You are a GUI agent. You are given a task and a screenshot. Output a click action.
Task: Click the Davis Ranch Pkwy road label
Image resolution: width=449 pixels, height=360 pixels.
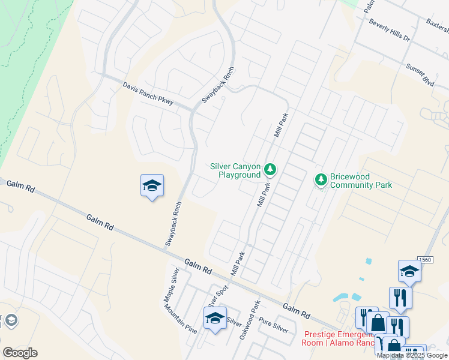pos(148,94)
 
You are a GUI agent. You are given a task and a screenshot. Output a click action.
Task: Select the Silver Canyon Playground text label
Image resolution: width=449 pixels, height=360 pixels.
pos(235,170)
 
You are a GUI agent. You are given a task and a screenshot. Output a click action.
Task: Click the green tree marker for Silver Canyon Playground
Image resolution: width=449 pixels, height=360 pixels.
pos(271,170)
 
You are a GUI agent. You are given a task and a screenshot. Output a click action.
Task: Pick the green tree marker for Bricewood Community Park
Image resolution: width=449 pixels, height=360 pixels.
pos(321,179)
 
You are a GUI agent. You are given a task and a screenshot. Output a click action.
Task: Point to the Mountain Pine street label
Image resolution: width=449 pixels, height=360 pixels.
pos(180,318)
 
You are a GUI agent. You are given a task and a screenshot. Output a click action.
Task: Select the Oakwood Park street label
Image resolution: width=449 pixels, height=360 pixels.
pos(250,320)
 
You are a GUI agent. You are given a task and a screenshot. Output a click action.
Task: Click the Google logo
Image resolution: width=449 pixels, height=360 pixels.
pos(20,352)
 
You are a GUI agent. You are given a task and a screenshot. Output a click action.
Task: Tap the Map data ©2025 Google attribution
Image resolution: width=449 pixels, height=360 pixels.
pos(412,355)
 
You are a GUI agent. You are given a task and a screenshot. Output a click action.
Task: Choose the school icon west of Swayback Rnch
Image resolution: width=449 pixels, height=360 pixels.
pos(152,187)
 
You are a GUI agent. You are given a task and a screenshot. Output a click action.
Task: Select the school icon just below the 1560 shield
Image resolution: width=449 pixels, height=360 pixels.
pos(409,271)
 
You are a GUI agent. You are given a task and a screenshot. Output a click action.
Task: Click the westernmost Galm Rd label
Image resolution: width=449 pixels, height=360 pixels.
pos(21,187)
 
